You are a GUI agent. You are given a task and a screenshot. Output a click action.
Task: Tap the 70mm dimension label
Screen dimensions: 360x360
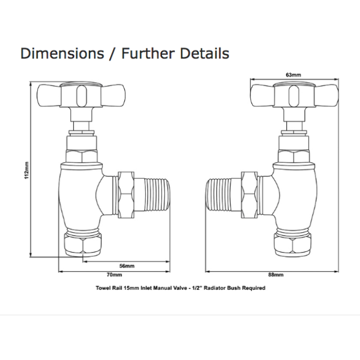pos(114,274)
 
